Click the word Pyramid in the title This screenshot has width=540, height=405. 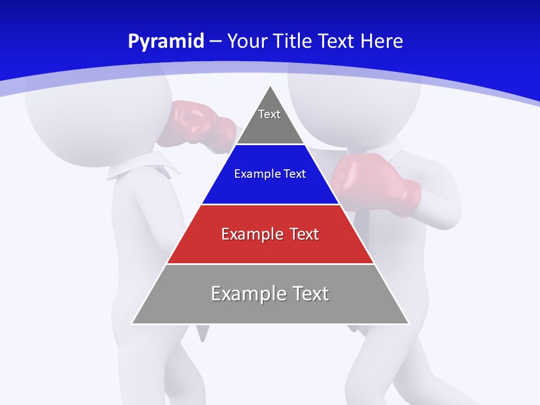(x=166, y=42)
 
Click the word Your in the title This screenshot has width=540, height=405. (x=248, y=41)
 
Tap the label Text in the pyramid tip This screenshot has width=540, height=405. (x=269, y=114)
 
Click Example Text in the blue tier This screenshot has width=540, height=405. (x=270, y=174)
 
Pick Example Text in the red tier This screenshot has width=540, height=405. (x=270, y=234)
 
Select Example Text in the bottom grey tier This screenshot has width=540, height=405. (x=270, y=294)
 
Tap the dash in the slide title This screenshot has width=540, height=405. (x=216, y=42)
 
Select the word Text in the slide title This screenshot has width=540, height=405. (x=337, y=41)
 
